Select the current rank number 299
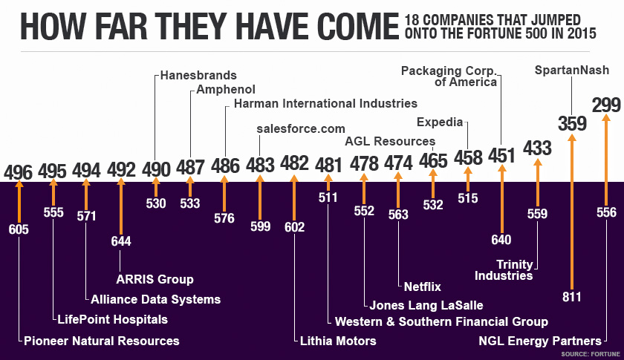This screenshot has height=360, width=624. pos(606,105)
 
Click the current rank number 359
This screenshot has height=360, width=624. pos(572,123)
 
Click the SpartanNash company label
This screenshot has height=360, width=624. pos(572,71)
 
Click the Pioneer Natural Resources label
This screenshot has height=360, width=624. pos(102,341)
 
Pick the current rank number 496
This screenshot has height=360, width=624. pos(18,172)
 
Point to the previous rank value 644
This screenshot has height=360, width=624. pos(120,241)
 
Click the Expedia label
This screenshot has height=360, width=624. pos(440,122)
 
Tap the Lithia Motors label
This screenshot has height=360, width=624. pos(338,341)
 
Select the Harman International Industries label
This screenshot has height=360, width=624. pos(325,103)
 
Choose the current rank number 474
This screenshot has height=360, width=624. pos(398,163)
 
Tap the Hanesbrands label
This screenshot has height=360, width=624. pos(199,75)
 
